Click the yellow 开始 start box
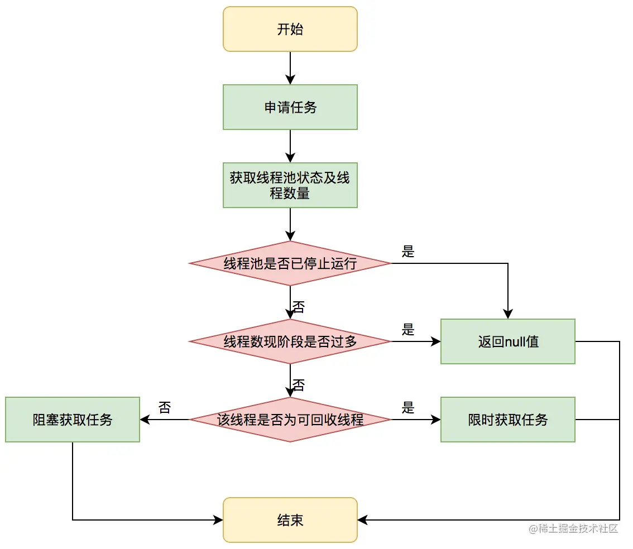pos(290,29)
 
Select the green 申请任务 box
pos(290,107)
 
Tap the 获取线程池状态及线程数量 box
pos(290,185)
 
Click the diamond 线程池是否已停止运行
pos(290,263)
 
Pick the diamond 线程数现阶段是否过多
pos(290,341)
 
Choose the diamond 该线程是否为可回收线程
pos(290,420)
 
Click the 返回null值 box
pos(507,341)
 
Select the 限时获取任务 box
pos(507,420)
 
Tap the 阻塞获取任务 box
pos(73,420)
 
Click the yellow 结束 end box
pos(290,520)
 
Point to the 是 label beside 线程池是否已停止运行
pos(408,252)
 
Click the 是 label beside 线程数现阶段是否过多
pos(408,330)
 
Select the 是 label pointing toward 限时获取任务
pos(408,408)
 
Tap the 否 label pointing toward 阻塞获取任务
pos(164,407)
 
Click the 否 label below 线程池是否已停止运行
pos(299,307)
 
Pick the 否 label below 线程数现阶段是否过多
pos(299,385)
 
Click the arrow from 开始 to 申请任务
pos(290,68)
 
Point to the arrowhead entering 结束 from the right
pos(362,520)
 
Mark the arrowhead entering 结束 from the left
pos(218,520)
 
